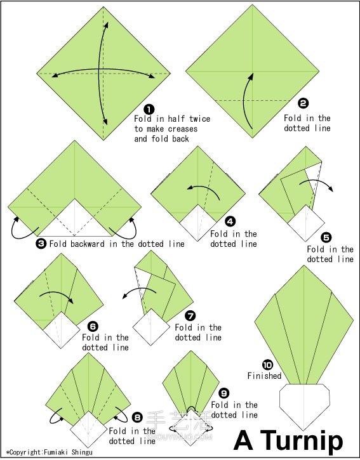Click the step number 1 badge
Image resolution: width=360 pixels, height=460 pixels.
click(149, 110)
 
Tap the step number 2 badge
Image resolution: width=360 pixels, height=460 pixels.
click(303, 103)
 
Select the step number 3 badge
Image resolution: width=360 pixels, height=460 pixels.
click(41, 244)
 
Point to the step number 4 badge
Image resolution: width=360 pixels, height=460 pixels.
click(230, 221)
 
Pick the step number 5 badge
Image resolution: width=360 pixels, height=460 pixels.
click(326, 237)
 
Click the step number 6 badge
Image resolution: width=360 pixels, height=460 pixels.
click(93, 326)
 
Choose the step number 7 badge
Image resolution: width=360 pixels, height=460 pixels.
click(190, 316)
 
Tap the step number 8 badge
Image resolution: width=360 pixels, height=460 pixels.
click(137, 417)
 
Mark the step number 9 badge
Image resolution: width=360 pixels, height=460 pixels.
click(223, 393)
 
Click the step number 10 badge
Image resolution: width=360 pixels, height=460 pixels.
click(267, 365)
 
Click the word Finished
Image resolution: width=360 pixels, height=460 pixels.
click(264, 376)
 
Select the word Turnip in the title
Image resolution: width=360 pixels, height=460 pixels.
click(302, 440)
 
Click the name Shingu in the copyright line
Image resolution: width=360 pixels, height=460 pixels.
click(82, 452)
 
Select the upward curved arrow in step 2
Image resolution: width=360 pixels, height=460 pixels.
click(247, 101)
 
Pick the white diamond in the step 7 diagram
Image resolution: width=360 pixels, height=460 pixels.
click(151, 327)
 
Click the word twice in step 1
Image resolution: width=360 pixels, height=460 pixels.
click(199, 119)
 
